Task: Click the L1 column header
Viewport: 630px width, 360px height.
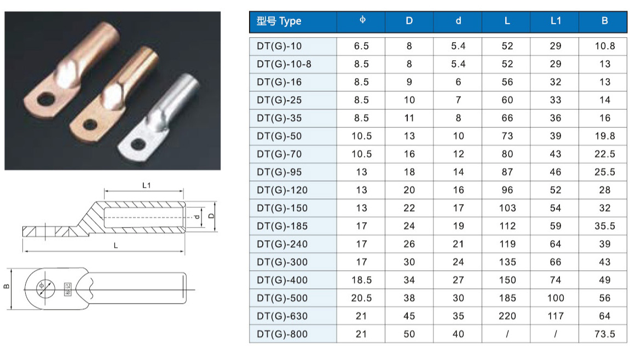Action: (555, 21)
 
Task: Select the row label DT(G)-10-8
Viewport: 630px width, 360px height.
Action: (284, 65)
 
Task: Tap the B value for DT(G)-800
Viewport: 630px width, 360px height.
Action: (605, 334)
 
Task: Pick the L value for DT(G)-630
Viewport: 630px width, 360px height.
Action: (507, 316)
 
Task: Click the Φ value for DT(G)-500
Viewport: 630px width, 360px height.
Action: (361, 298)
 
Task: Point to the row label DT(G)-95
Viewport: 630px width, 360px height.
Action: (279, 172)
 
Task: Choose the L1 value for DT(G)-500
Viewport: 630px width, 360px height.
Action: (555, 298)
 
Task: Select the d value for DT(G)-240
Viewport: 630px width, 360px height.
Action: (458, 244)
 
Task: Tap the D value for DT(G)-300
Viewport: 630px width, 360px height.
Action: (409, 262)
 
